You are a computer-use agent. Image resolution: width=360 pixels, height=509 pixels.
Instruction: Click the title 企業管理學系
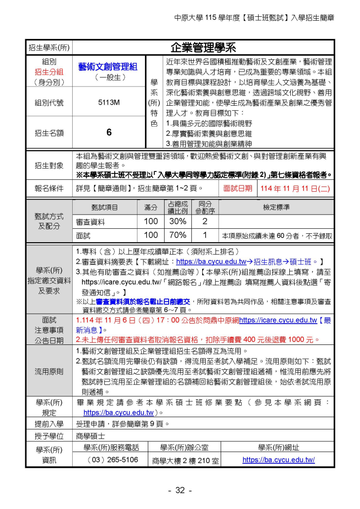coord(203,47)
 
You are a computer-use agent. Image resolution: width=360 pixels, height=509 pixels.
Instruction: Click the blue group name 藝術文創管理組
coord(108,67)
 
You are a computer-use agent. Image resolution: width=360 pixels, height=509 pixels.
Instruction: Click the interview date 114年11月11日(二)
coord(295,188)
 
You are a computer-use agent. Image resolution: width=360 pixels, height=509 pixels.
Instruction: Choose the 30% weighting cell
coord(178,221)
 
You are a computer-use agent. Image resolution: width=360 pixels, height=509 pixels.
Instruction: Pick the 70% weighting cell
coord(178,235)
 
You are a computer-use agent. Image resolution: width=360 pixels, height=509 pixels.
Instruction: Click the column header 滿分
coord(151,208)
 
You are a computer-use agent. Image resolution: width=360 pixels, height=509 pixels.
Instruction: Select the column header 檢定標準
coord(276,208)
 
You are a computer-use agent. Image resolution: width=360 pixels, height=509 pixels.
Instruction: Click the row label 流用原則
coord(49,371)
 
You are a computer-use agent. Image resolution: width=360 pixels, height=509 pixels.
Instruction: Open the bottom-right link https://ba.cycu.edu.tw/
coord(278,460)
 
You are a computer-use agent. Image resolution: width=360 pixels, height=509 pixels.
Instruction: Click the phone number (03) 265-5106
coord(112,460)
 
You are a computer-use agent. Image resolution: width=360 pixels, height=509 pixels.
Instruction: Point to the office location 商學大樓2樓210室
coord(184,460)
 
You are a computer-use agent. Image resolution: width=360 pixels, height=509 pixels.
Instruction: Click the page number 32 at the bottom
coord(180,490)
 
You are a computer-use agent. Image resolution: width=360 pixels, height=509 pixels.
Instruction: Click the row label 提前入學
coord(49,424)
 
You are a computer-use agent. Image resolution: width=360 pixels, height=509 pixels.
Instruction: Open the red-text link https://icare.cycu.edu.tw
coord(278,320)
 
